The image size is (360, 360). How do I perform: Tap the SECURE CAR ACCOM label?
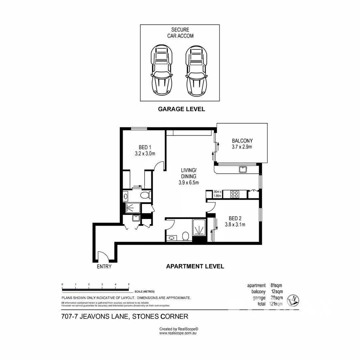180,33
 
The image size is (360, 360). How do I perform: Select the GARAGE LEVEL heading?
181,109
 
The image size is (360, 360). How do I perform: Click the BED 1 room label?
145,150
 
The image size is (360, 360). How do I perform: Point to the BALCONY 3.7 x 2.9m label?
242,144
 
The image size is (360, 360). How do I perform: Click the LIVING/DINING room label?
188,176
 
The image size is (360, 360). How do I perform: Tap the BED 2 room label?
235,221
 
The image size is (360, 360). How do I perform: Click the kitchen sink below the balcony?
243,169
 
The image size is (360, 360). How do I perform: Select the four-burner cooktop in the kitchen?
235,194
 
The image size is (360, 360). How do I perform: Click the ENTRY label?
104,267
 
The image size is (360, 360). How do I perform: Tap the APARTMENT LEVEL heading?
195,266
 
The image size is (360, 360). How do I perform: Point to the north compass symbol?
294,300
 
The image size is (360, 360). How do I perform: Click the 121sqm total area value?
276,304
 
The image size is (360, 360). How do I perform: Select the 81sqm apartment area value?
276,285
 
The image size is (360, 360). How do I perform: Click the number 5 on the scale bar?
129,284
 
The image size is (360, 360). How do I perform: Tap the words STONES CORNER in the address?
160,316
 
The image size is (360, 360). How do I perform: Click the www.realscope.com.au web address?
179,333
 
